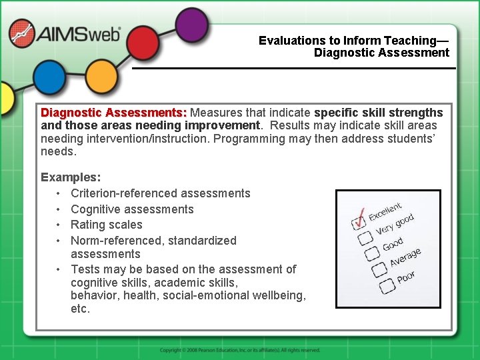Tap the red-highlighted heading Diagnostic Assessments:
click(114, 113)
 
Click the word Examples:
click(71, 177)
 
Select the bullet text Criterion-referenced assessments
click(160, 193)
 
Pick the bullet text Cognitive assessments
click(132, 209)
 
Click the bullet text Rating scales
click(106, 225)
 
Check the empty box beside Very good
click(365, 237)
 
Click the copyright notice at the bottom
click(240, 350)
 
